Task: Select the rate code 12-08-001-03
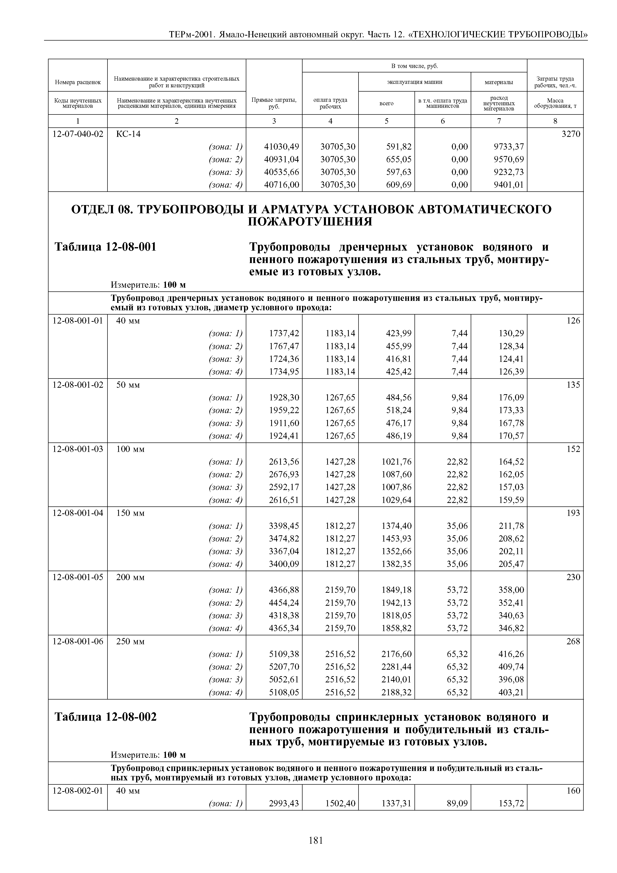(x=78, y=449)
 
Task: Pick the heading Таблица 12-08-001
(x=106, y=247)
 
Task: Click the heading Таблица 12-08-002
(x=106, y=717)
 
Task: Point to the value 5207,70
(x=284, y=666)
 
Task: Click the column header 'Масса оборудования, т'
(x=555, y=103)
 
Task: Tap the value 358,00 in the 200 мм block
(x=511, y=590)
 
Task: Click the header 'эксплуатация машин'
(x=414, y=82)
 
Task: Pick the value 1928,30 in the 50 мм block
(x=284, y=397)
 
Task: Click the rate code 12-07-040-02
(x=78, y=134)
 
